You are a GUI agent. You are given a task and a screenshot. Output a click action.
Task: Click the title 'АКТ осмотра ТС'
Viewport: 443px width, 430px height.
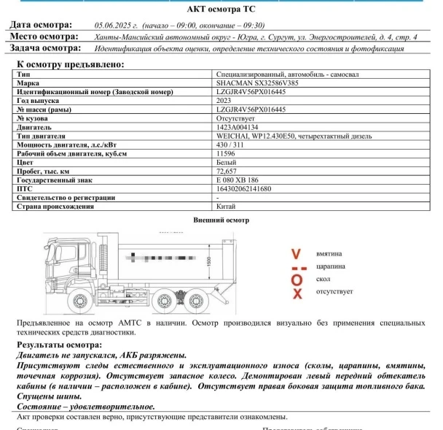pos(221,9)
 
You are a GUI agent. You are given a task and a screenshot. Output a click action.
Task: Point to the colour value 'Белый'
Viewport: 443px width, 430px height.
pos(226,162)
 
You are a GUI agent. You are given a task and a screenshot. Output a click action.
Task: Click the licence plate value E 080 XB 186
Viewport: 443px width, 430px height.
pos(237,180)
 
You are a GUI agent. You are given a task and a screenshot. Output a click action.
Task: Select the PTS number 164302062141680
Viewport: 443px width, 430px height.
pos(243,188)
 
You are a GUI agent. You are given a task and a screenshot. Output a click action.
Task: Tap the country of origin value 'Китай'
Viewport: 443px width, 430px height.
pos(226,207)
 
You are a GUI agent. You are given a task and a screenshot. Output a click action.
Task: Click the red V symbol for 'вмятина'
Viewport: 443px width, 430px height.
pos(296,253)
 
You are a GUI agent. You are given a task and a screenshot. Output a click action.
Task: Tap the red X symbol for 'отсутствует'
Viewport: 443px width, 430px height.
pos(297,292)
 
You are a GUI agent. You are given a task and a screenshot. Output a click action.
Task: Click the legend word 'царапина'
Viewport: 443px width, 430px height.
pos(330,266)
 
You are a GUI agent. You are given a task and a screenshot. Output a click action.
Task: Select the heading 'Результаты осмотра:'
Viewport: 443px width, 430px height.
pos(59,345)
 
